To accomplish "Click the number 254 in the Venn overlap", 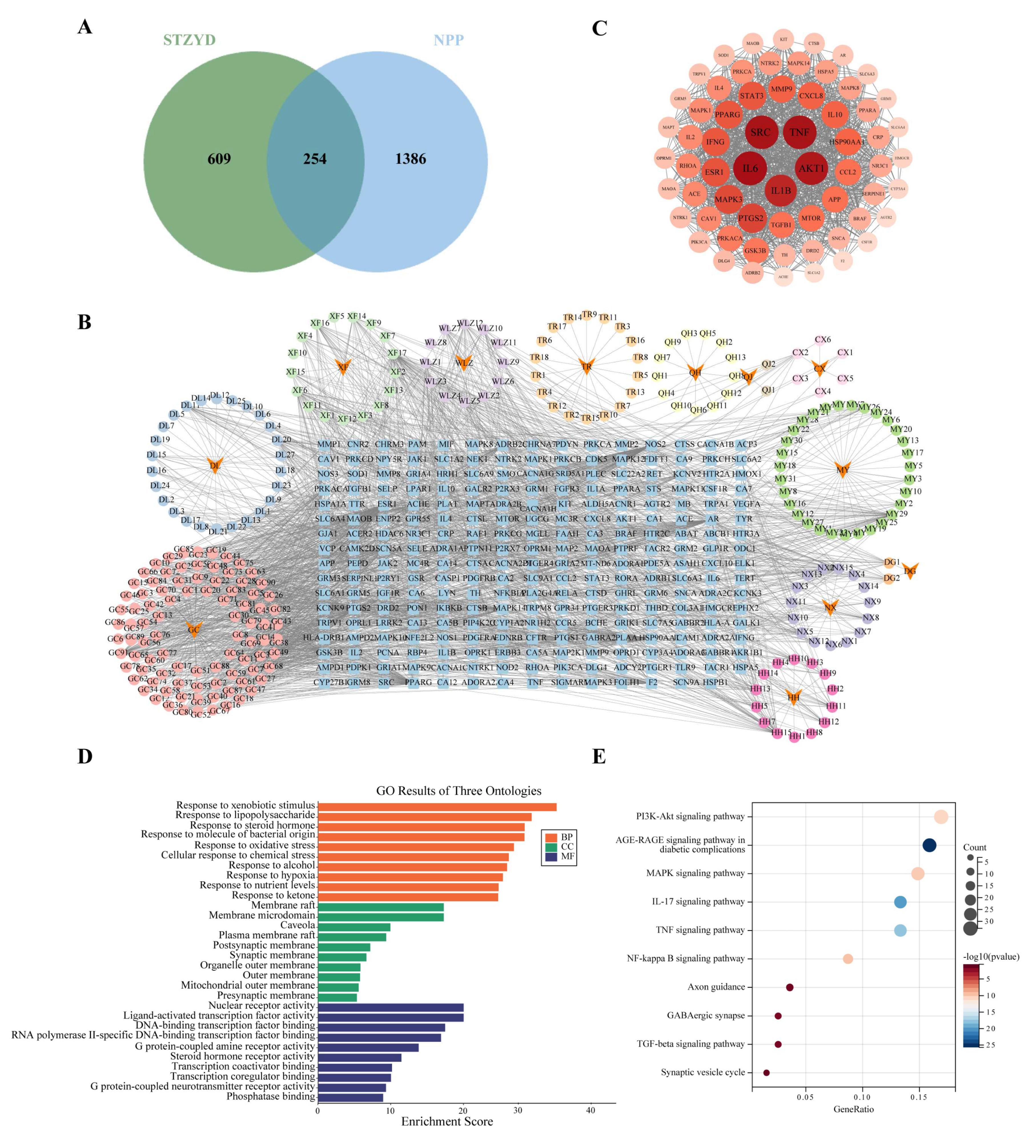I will tap(315, 159).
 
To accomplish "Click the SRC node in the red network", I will tap(760, 132).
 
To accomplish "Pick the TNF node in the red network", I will tap(799, 132).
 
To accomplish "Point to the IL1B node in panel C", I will tap(780, 191).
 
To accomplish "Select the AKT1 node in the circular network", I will tap(811, 168).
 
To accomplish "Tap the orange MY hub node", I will tap(842, 470).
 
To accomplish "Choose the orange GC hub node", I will tap(194, 629).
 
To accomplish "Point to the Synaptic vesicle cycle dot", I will tap(766, 1073).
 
